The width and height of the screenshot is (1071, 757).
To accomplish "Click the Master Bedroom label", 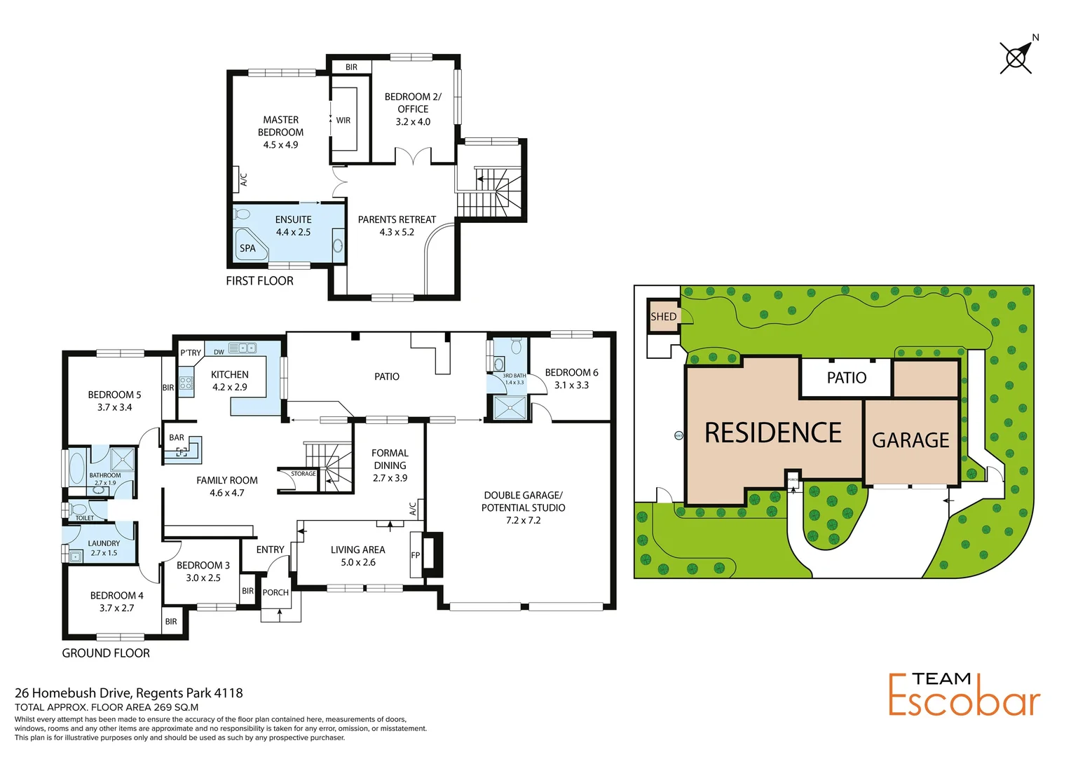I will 280,126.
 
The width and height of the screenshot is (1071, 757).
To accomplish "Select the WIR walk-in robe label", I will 343,121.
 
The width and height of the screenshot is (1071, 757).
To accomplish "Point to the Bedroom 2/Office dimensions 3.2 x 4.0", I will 413,122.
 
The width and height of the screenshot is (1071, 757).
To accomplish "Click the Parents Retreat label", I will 397,219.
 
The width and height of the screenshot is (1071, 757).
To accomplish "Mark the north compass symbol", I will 1016,57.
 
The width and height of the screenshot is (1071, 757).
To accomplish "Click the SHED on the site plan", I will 663,317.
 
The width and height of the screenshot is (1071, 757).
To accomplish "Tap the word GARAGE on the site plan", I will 910,440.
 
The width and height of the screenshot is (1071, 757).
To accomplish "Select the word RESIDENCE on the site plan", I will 772,433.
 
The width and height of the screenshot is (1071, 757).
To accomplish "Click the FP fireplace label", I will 415,555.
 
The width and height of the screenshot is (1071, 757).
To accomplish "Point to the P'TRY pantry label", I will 191,353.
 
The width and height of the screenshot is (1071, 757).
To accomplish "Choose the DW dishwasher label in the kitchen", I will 219,352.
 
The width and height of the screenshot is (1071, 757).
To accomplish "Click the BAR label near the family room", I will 177,437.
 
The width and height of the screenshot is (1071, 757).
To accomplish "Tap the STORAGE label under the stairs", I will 303,474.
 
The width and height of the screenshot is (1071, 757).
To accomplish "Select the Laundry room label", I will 104,543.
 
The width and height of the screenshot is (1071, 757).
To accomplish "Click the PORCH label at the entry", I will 275,592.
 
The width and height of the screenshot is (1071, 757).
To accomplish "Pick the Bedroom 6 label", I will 571,372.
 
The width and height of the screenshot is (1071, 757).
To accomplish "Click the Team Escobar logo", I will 964,695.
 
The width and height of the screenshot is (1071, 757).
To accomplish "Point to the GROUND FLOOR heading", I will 106,653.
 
